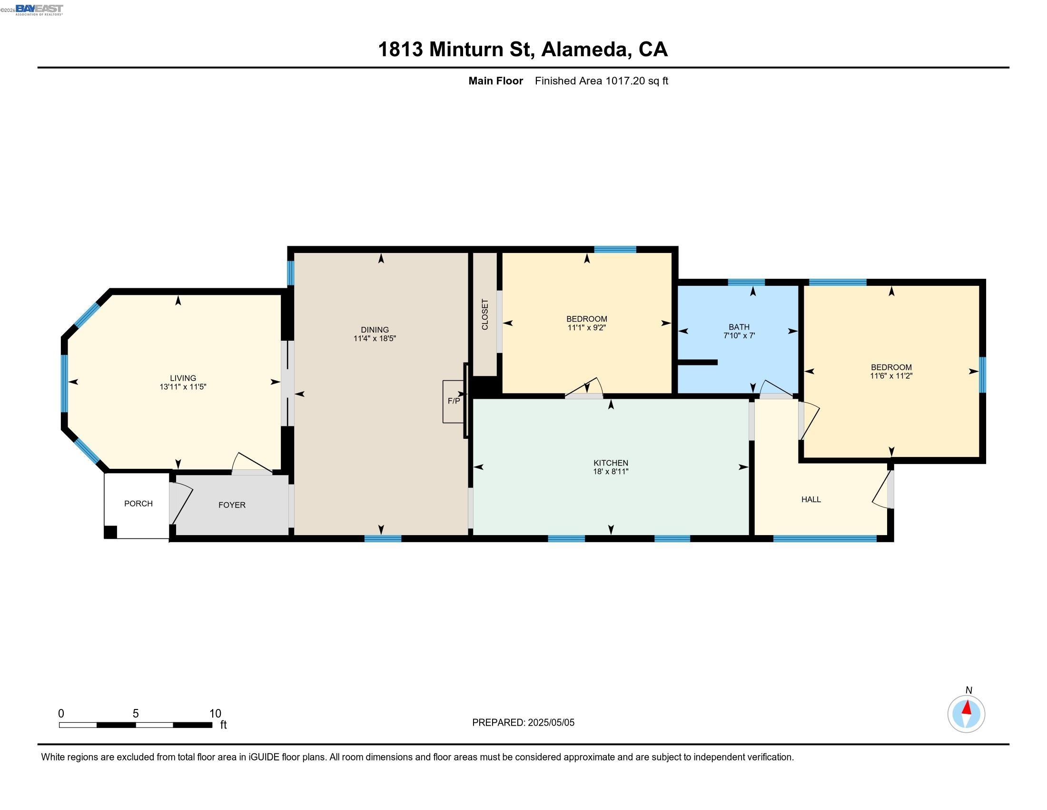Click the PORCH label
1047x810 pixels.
[x=138, y=503]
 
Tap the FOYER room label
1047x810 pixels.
[x=232, y=505]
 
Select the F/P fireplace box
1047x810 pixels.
[x=453, y=401]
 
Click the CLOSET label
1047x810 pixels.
[x=484, y=314]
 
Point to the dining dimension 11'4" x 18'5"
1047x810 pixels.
[x=375, y=338]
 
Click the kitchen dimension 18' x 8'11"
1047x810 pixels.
[x=610, y=471]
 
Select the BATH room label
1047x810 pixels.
[x=739, y=327]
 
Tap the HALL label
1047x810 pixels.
[x=810, y=499]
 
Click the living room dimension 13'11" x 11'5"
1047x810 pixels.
[x=183, y=387]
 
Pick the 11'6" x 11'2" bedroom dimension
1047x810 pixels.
[x=891, y=376]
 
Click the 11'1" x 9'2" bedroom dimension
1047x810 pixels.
[x=586, y=328]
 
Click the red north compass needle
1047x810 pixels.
[x=967, y=708]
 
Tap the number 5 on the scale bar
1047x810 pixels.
[x=136, y=714]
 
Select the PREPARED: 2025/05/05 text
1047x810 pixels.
[x=523, y=723]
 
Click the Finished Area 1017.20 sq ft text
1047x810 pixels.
[x=601, y=81]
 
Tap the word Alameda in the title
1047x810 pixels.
[x=584, y=49]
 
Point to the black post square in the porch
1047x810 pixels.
[x=110, y=532]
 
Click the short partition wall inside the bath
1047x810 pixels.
[x=698, y=362]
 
